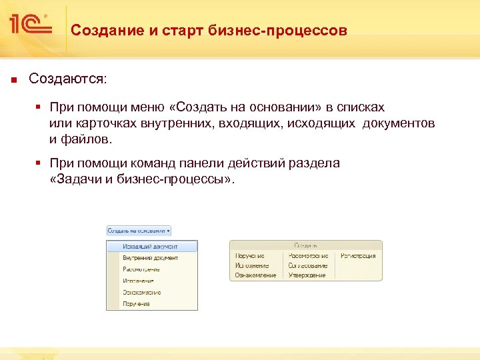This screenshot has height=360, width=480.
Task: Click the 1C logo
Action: click(x=30, y=25)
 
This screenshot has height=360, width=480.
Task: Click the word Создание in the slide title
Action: click(x=101, y=31)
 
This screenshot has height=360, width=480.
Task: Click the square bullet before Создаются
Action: click(x=12, y=79)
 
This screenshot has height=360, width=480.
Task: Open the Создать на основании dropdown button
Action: click(x=139, y=231)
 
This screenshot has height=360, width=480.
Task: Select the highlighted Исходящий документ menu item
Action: click(x=151, y=247)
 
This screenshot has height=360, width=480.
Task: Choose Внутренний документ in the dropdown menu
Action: click(x=150, y=258)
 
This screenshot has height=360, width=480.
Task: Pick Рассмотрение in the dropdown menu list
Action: click(x=141, y=269)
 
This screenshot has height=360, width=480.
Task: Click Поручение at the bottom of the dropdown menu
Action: click(x=136, y=303)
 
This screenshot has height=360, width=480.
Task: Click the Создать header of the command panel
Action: click(x=305, y=245)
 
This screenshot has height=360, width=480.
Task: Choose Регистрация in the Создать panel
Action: click(x=358, y=255)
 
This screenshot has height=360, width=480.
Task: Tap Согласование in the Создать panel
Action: click(x=308, y=265)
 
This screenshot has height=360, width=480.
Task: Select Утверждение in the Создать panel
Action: click(x=307, y=275)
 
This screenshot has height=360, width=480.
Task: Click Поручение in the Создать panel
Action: click(x=249, y=255)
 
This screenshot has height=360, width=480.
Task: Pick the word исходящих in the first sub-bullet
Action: click(x=325, y=124)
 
